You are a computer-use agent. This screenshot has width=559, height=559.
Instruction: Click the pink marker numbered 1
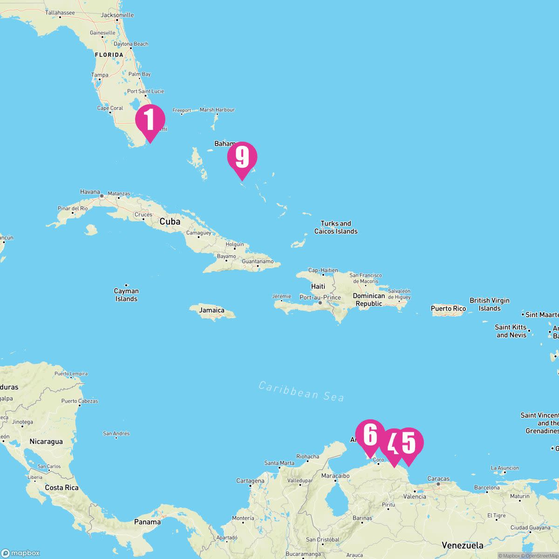(x=150, y=120)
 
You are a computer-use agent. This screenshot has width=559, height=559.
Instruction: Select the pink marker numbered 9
(x=242, y=157)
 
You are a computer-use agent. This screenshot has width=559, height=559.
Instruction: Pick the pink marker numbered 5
(x=409, y=443)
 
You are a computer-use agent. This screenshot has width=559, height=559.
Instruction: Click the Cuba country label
(x=170, y=222)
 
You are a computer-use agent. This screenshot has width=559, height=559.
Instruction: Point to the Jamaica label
(x=211, y=310)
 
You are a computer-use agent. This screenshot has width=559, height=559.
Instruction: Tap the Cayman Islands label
(x=126, y=295)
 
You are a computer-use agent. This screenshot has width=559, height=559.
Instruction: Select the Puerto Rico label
(x=448, y=308)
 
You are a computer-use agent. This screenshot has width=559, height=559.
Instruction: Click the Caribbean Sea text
(x=301, y=391)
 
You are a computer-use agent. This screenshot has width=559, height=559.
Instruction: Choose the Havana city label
(x=90, y=192)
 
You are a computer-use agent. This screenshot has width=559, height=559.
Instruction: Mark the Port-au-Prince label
(x=320, y=298)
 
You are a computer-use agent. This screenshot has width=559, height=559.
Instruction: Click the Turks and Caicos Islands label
(x=336, y=227)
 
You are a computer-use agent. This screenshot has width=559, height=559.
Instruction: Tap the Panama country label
(x=147, y=522)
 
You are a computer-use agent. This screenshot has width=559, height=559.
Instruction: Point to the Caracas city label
(x=438, y=479)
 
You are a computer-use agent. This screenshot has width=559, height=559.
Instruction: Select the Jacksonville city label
(x=117, y=15)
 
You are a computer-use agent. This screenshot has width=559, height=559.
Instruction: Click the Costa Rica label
(x=61, y=488)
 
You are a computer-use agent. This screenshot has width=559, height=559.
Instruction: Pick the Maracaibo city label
(x=335, y=476)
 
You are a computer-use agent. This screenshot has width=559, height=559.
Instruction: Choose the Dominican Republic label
(x=368, y=300)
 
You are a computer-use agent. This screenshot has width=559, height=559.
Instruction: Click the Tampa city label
(x=100, y=75)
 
